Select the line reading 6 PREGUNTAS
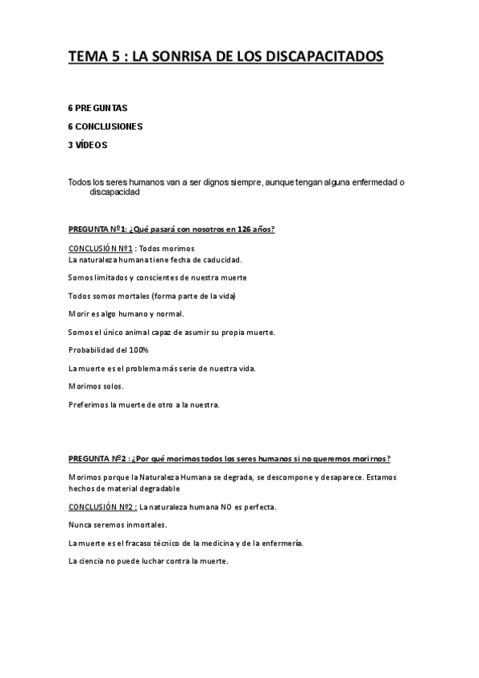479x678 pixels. click(x=98, y=107)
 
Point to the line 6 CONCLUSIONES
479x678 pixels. click(x=106, y=126)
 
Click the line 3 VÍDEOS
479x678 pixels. click(x=87, y=146)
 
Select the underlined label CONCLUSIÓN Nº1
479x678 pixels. click(x=98, y=249)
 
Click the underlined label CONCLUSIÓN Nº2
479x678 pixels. click(x=102, y=507)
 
